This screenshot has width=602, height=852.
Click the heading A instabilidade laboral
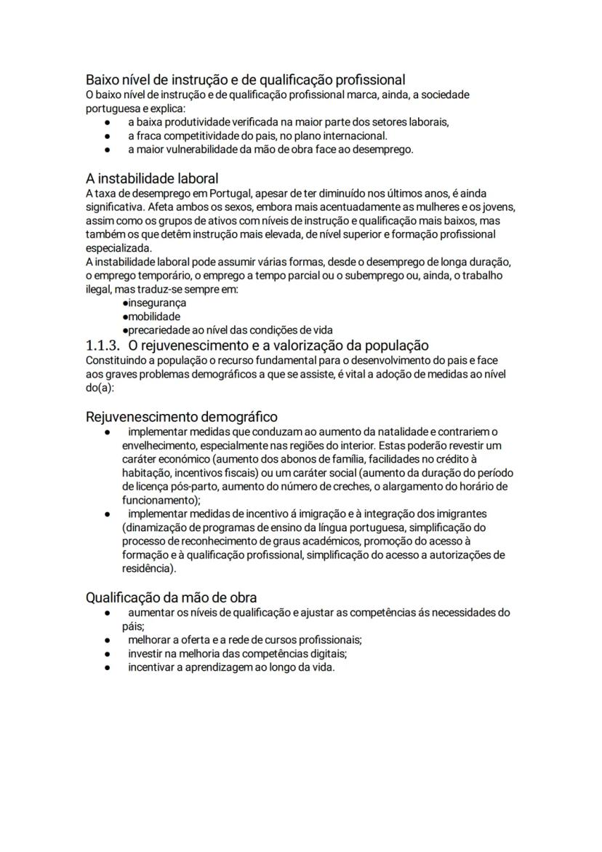pyautogui.click(x=152, y=178)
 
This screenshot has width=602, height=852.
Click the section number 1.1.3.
pyautogui.click(x=103, y=346)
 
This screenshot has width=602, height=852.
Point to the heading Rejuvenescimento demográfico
pyautogui.click(x=181, y=417)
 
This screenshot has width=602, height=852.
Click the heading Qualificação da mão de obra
pyautogui.click(x=171, y=598)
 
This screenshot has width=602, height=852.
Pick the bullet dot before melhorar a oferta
pyautogui.click(x=107, y=640)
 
